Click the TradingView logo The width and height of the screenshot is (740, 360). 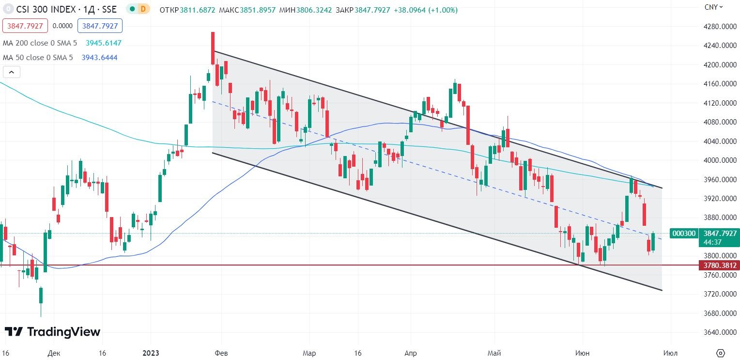coord(52,332)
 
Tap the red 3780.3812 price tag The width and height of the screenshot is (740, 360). coord(718,265)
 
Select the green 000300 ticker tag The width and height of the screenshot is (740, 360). coord(683,234)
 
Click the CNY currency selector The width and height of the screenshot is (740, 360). coord(713,7)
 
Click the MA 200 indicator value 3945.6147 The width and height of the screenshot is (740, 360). coord(103,43)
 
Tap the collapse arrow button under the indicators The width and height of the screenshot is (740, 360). coord(12,72)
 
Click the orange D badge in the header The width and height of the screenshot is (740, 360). coord(143,9)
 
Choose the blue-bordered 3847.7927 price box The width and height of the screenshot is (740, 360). coord(100,26)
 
